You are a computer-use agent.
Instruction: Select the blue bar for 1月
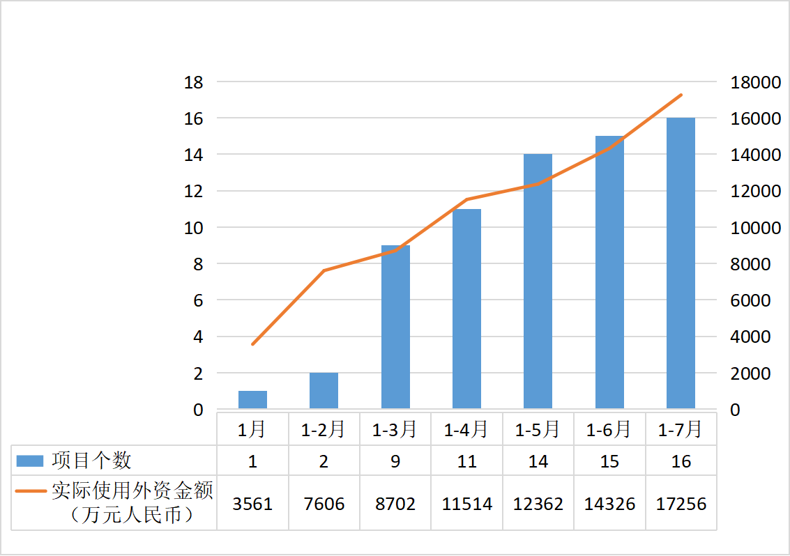click(252, 399)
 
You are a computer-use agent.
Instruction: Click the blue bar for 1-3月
click(395, 327)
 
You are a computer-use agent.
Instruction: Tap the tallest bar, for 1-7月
click(681, 263)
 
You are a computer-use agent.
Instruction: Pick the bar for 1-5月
click(538, 281)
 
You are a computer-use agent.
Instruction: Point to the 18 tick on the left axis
click(193, 82)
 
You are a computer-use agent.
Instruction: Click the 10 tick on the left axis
click(193, 228)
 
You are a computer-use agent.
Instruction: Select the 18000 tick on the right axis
click(755, 82)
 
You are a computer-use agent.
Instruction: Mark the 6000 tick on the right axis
click(750, 300)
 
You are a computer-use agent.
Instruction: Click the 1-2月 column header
click(324, 430)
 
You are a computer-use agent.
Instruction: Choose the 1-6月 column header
click(609, 430)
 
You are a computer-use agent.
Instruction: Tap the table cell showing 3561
click(252, 504)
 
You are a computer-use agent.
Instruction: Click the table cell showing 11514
click(466, 504)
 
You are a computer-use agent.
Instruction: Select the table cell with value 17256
click(681, 504)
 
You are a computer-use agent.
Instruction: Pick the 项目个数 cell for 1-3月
click(395, 461)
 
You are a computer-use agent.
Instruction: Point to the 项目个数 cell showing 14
click(538, 461)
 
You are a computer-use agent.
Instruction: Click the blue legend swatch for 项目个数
click(31, 461)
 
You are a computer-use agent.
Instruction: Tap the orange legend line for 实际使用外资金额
click(31, 491)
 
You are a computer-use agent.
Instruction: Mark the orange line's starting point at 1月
click(252, 344)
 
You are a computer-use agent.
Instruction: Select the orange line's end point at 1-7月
click(681, 95)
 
